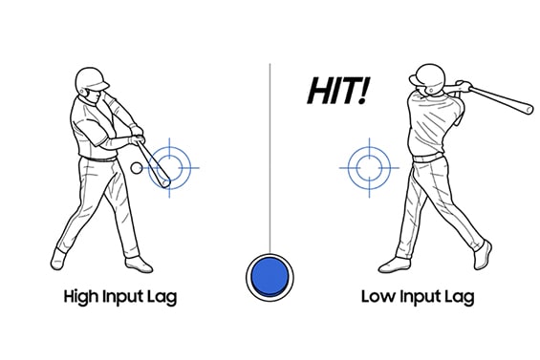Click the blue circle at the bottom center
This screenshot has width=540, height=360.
(x=270, y=275)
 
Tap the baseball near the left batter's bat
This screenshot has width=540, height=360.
(x=136, y=168)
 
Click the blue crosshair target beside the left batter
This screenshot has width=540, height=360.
(x=170, y=165)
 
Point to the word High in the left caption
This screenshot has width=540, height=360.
(x=85, y=297)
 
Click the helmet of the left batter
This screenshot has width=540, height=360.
(x=91, y=77)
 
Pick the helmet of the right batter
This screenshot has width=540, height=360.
(x=425, y=74)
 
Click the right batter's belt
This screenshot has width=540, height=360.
(x=426, y=157)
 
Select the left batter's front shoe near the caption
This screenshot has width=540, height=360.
(x=138, y=264)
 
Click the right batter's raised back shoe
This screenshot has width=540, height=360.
(x=482, y=254)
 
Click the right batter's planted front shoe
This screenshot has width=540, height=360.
(x=395, y=265)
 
